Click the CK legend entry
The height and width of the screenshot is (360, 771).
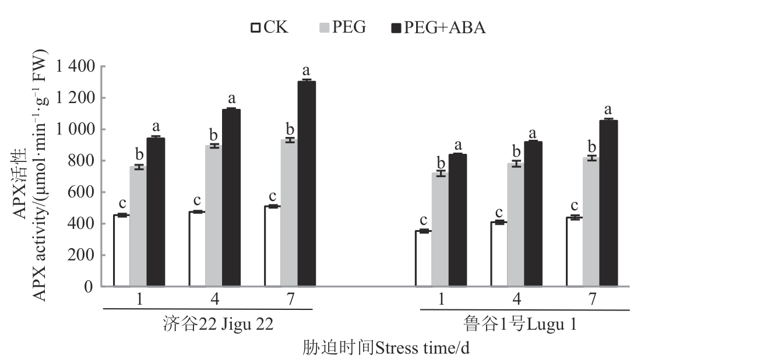[269, 27]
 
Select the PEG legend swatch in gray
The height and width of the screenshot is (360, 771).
[325, 27]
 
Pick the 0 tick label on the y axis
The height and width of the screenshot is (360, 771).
[88, 287]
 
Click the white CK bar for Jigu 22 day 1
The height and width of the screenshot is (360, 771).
[121, 250]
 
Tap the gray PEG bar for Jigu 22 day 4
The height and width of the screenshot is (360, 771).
[214, 216]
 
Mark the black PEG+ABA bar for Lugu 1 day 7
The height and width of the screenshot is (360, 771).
[608, 203]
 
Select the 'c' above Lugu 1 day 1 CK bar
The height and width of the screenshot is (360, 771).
[423, 220]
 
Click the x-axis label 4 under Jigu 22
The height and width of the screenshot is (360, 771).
[215, 299]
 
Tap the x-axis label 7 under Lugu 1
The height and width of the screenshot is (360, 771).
[593, 299]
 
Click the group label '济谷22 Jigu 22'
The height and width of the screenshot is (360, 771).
[218, 324]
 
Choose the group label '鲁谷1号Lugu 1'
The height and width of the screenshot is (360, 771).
[520, 324]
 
